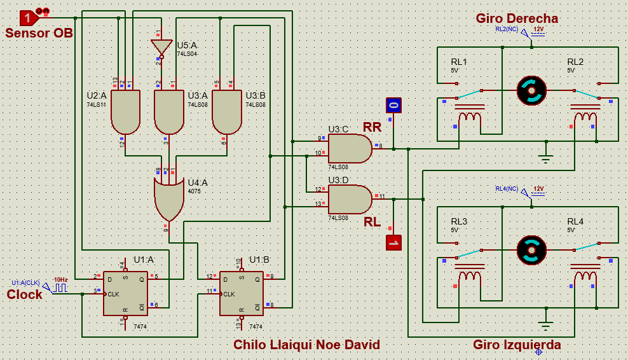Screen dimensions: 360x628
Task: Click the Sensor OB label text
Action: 39,32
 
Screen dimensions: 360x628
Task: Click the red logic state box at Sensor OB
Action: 28,17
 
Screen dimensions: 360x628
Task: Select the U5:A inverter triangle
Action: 161,46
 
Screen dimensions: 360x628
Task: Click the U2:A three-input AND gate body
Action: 126,111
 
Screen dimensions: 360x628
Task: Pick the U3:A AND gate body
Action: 169,111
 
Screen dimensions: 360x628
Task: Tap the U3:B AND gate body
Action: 226,111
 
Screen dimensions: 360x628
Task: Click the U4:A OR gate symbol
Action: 168,197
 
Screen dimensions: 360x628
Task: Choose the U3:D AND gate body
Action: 349,199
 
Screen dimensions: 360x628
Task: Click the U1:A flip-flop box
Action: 126,294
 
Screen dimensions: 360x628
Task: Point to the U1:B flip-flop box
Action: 242,294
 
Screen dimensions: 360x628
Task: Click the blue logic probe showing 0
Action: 393,105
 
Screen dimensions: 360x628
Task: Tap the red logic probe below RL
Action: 393,242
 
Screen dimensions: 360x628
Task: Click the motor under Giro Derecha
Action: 531,90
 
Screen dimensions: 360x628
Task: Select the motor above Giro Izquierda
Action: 531,250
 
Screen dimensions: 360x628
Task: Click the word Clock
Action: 25,294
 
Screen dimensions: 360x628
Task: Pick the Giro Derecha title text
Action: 517,18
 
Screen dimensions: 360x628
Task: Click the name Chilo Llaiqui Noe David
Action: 306,345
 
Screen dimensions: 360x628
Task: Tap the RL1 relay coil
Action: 470,116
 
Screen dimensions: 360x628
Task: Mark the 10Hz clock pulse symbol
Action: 60,288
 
